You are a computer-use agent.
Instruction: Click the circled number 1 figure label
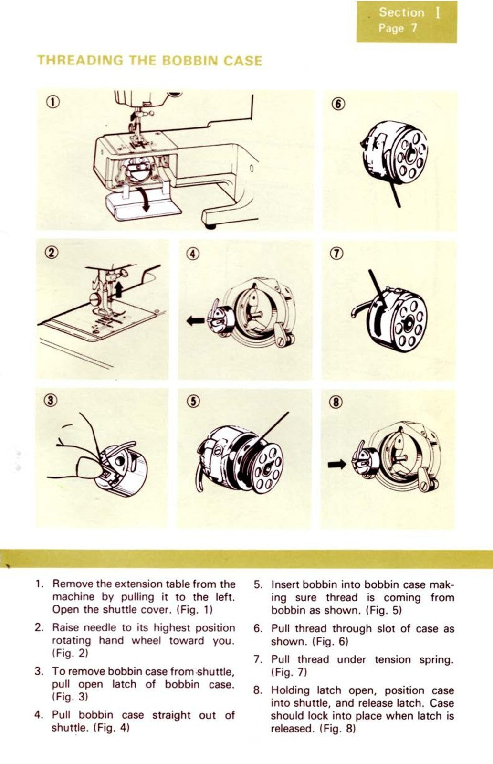53,102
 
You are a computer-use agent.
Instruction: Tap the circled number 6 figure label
337,104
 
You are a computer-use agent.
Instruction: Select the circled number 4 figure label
192,254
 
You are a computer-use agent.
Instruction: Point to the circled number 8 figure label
336,402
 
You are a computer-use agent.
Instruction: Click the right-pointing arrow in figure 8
337,463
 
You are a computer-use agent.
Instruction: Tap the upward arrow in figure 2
118,289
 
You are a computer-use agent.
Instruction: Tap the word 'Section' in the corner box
401,13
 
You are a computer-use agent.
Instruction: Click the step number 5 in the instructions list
258,585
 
